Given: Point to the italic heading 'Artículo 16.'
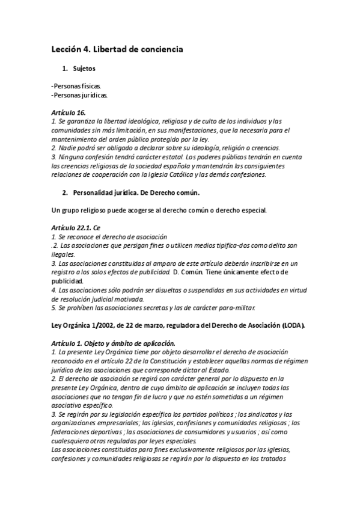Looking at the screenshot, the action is pyautogui.click(x=69, y=112).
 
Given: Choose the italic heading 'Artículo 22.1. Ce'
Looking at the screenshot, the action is pyautogui.click(x=76, y=228).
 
